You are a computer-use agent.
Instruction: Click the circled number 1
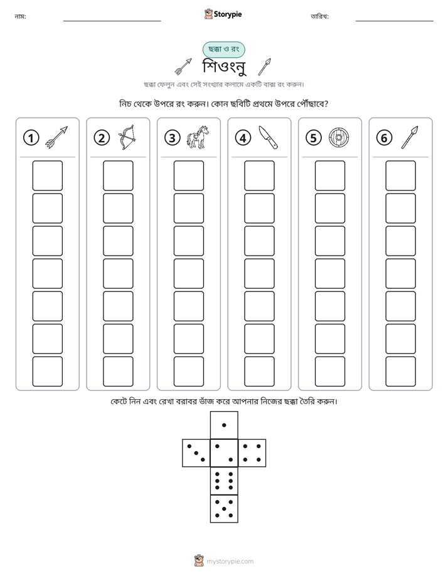click(x=31, y=138)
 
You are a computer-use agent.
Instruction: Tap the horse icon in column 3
click(x=198, y=137)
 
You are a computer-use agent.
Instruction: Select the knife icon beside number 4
click(x=269, y=137)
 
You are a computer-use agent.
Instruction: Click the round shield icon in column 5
click(x=339, y=138)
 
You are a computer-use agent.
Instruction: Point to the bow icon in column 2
click(x=127, y=137)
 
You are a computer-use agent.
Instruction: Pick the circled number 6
click(x=384, y=138)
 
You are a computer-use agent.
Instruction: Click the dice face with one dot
click(x=224, y=425)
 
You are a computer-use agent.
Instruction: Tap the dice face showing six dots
click(x=224, y=481)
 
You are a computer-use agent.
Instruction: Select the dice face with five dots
click(x=224, y=508)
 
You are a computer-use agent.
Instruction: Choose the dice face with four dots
click(x=252, y=452)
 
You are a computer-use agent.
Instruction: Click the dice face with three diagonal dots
click(x=196, y=452)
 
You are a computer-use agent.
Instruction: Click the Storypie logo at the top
click(x=223, y=14)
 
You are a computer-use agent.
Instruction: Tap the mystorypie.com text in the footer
click(x=230, y=561)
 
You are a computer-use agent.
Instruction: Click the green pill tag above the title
click(x=223, y=50)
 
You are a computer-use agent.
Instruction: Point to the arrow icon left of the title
click(x=183, y=67)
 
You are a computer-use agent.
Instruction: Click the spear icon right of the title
click(x=264, y=67)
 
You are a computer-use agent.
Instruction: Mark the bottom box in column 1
click(x=47, y=371)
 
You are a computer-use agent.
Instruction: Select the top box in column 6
click(x=400, y=175)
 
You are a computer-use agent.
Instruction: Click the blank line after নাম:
click(x=112, y=21)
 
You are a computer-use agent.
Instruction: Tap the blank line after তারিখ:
click(x=395, y=21)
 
